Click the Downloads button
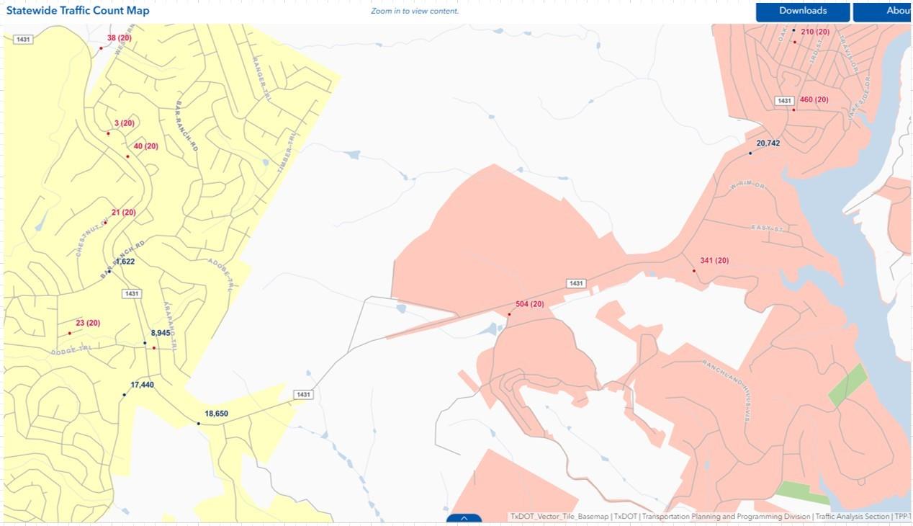click(802, 11)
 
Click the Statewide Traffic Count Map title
click(78, 11)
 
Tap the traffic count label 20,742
click(768, 143)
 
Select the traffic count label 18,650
click(216, 414)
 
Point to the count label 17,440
click(142, 385)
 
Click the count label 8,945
click(160, 333)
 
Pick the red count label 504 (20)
click(529, 304)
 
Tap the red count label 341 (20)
click(714, 261)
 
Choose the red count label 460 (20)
click(814, 99)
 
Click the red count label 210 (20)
click(815, 32)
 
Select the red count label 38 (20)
click(120, 38)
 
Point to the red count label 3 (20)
click(124, 123)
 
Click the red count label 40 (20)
click(145, 146)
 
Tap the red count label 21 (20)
click(123, 213)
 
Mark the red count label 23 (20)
click(88, 323)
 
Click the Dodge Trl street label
click(71, 350)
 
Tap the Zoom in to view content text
click(414, 11)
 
